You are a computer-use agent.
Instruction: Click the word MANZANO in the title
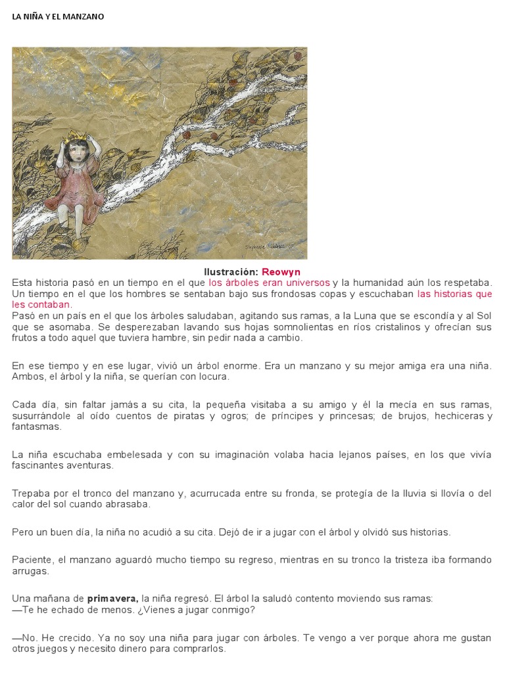click(x=83, y=16)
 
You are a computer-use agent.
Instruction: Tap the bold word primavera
click(x=112, y=599)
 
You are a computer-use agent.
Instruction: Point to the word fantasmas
click(x=36, y=427)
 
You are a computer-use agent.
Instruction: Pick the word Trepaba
click(x=30, y=493)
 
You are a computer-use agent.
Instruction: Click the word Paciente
click(x=33, y=560)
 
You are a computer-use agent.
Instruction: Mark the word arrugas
click(x=29, y=571)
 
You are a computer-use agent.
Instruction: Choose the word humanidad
click(x=379, y=282)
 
